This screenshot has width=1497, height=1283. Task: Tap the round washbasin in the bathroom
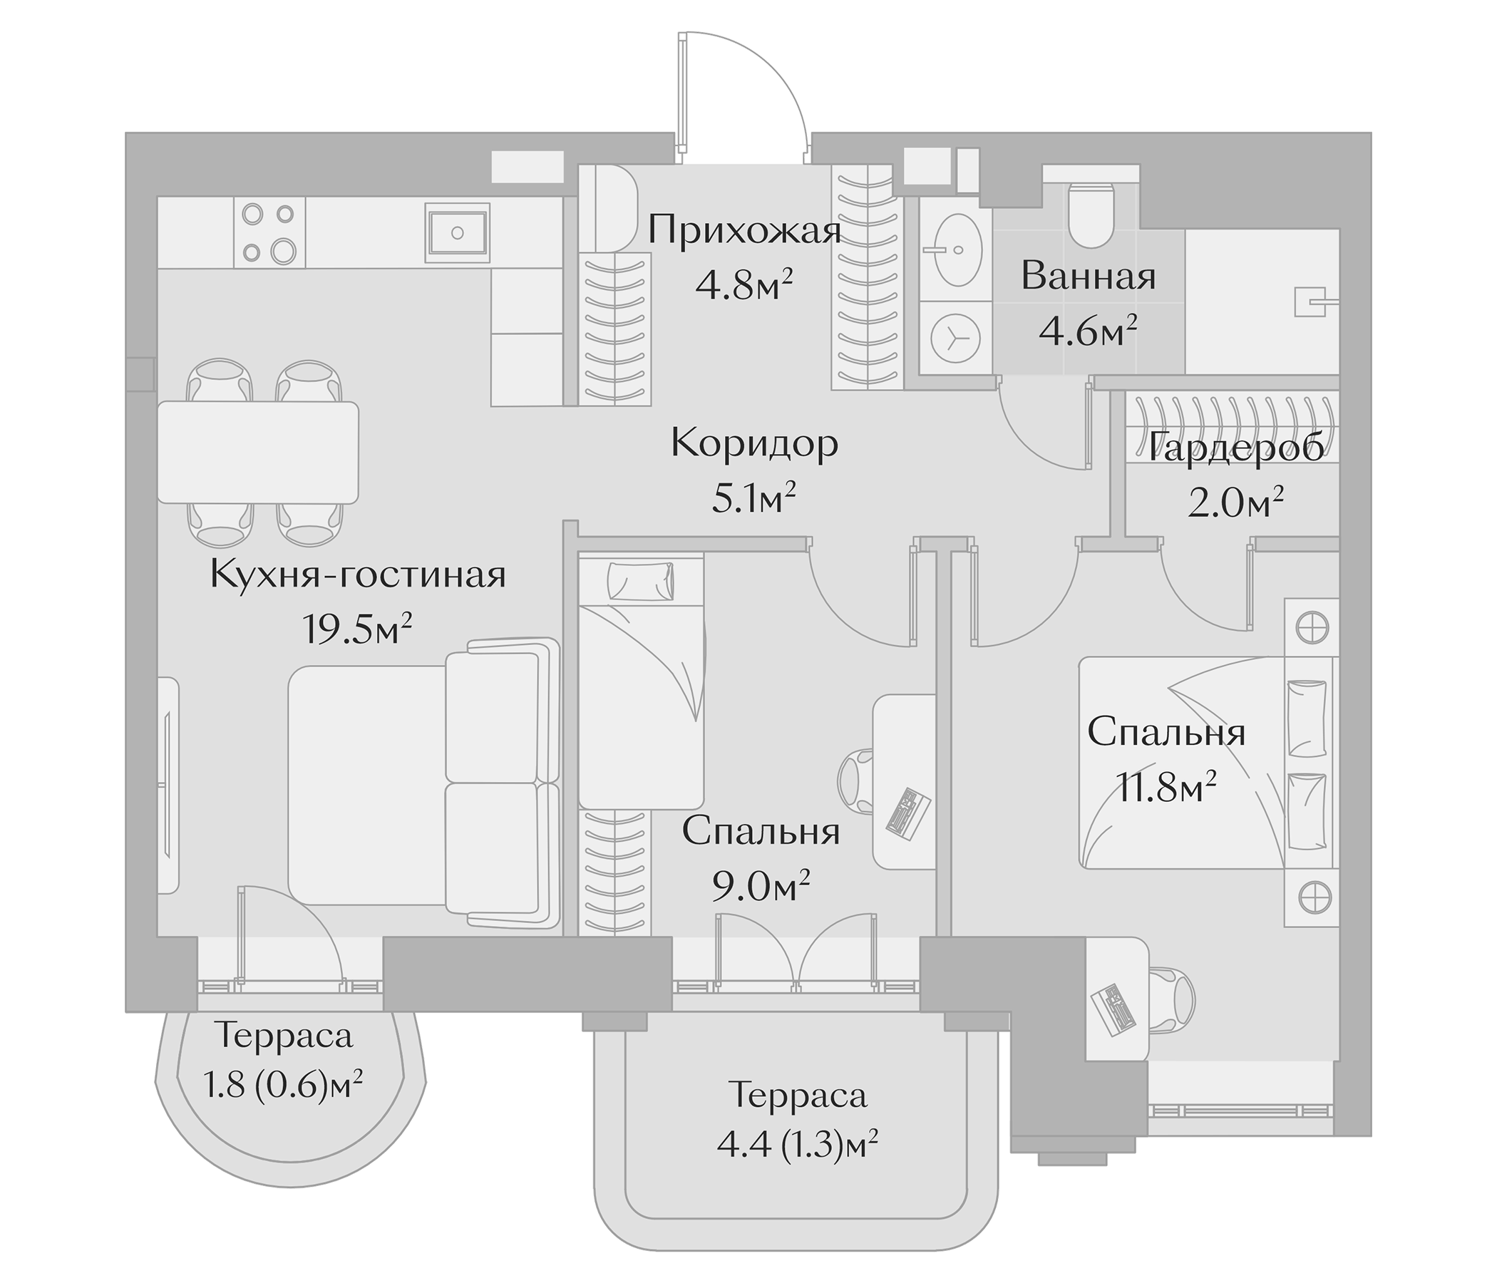tap(957, 250)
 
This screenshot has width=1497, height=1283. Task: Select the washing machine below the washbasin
tap(956, 337)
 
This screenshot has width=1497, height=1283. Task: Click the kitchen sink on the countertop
tap(458, 232)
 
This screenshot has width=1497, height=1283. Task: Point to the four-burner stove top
tap(269, 232)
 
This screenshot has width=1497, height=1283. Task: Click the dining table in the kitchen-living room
tap(258, 452)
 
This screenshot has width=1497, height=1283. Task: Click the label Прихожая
tap(745, 232)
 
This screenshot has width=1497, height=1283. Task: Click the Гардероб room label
tap(1236, 448)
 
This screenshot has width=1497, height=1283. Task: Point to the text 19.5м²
tap(358, 631)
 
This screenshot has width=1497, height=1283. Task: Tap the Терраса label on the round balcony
tap(284, 1036)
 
